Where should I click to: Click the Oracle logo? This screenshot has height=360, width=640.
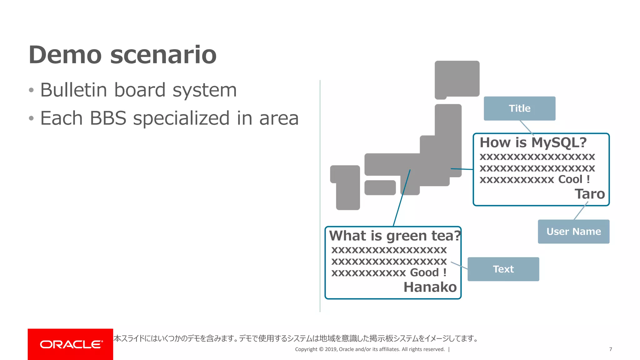(71, 344)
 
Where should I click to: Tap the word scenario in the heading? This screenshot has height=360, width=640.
(163, 55)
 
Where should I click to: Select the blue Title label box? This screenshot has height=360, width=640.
(519, 108)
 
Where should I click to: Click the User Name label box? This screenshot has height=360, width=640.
(573, 232)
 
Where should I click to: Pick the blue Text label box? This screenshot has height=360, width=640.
(503, 269)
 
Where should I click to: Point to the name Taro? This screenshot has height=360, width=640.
(590, 194)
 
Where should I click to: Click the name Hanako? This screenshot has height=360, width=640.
(430, 287)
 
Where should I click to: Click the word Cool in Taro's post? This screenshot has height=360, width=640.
(570, 179)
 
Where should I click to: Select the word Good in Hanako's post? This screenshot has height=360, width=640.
(424, 272)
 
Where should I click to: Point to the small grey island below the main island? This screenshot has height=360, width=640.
(380, 187)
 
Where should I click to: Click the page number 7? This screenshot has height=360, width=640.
(610, 349)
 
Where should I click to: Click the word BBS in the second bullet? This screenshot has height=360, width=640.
(108, 118)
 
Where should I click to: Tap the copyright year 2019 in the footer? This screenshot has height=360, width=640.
(331, 349)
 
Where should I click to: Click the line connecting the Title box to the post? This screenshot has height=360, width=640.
(527, 127)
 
